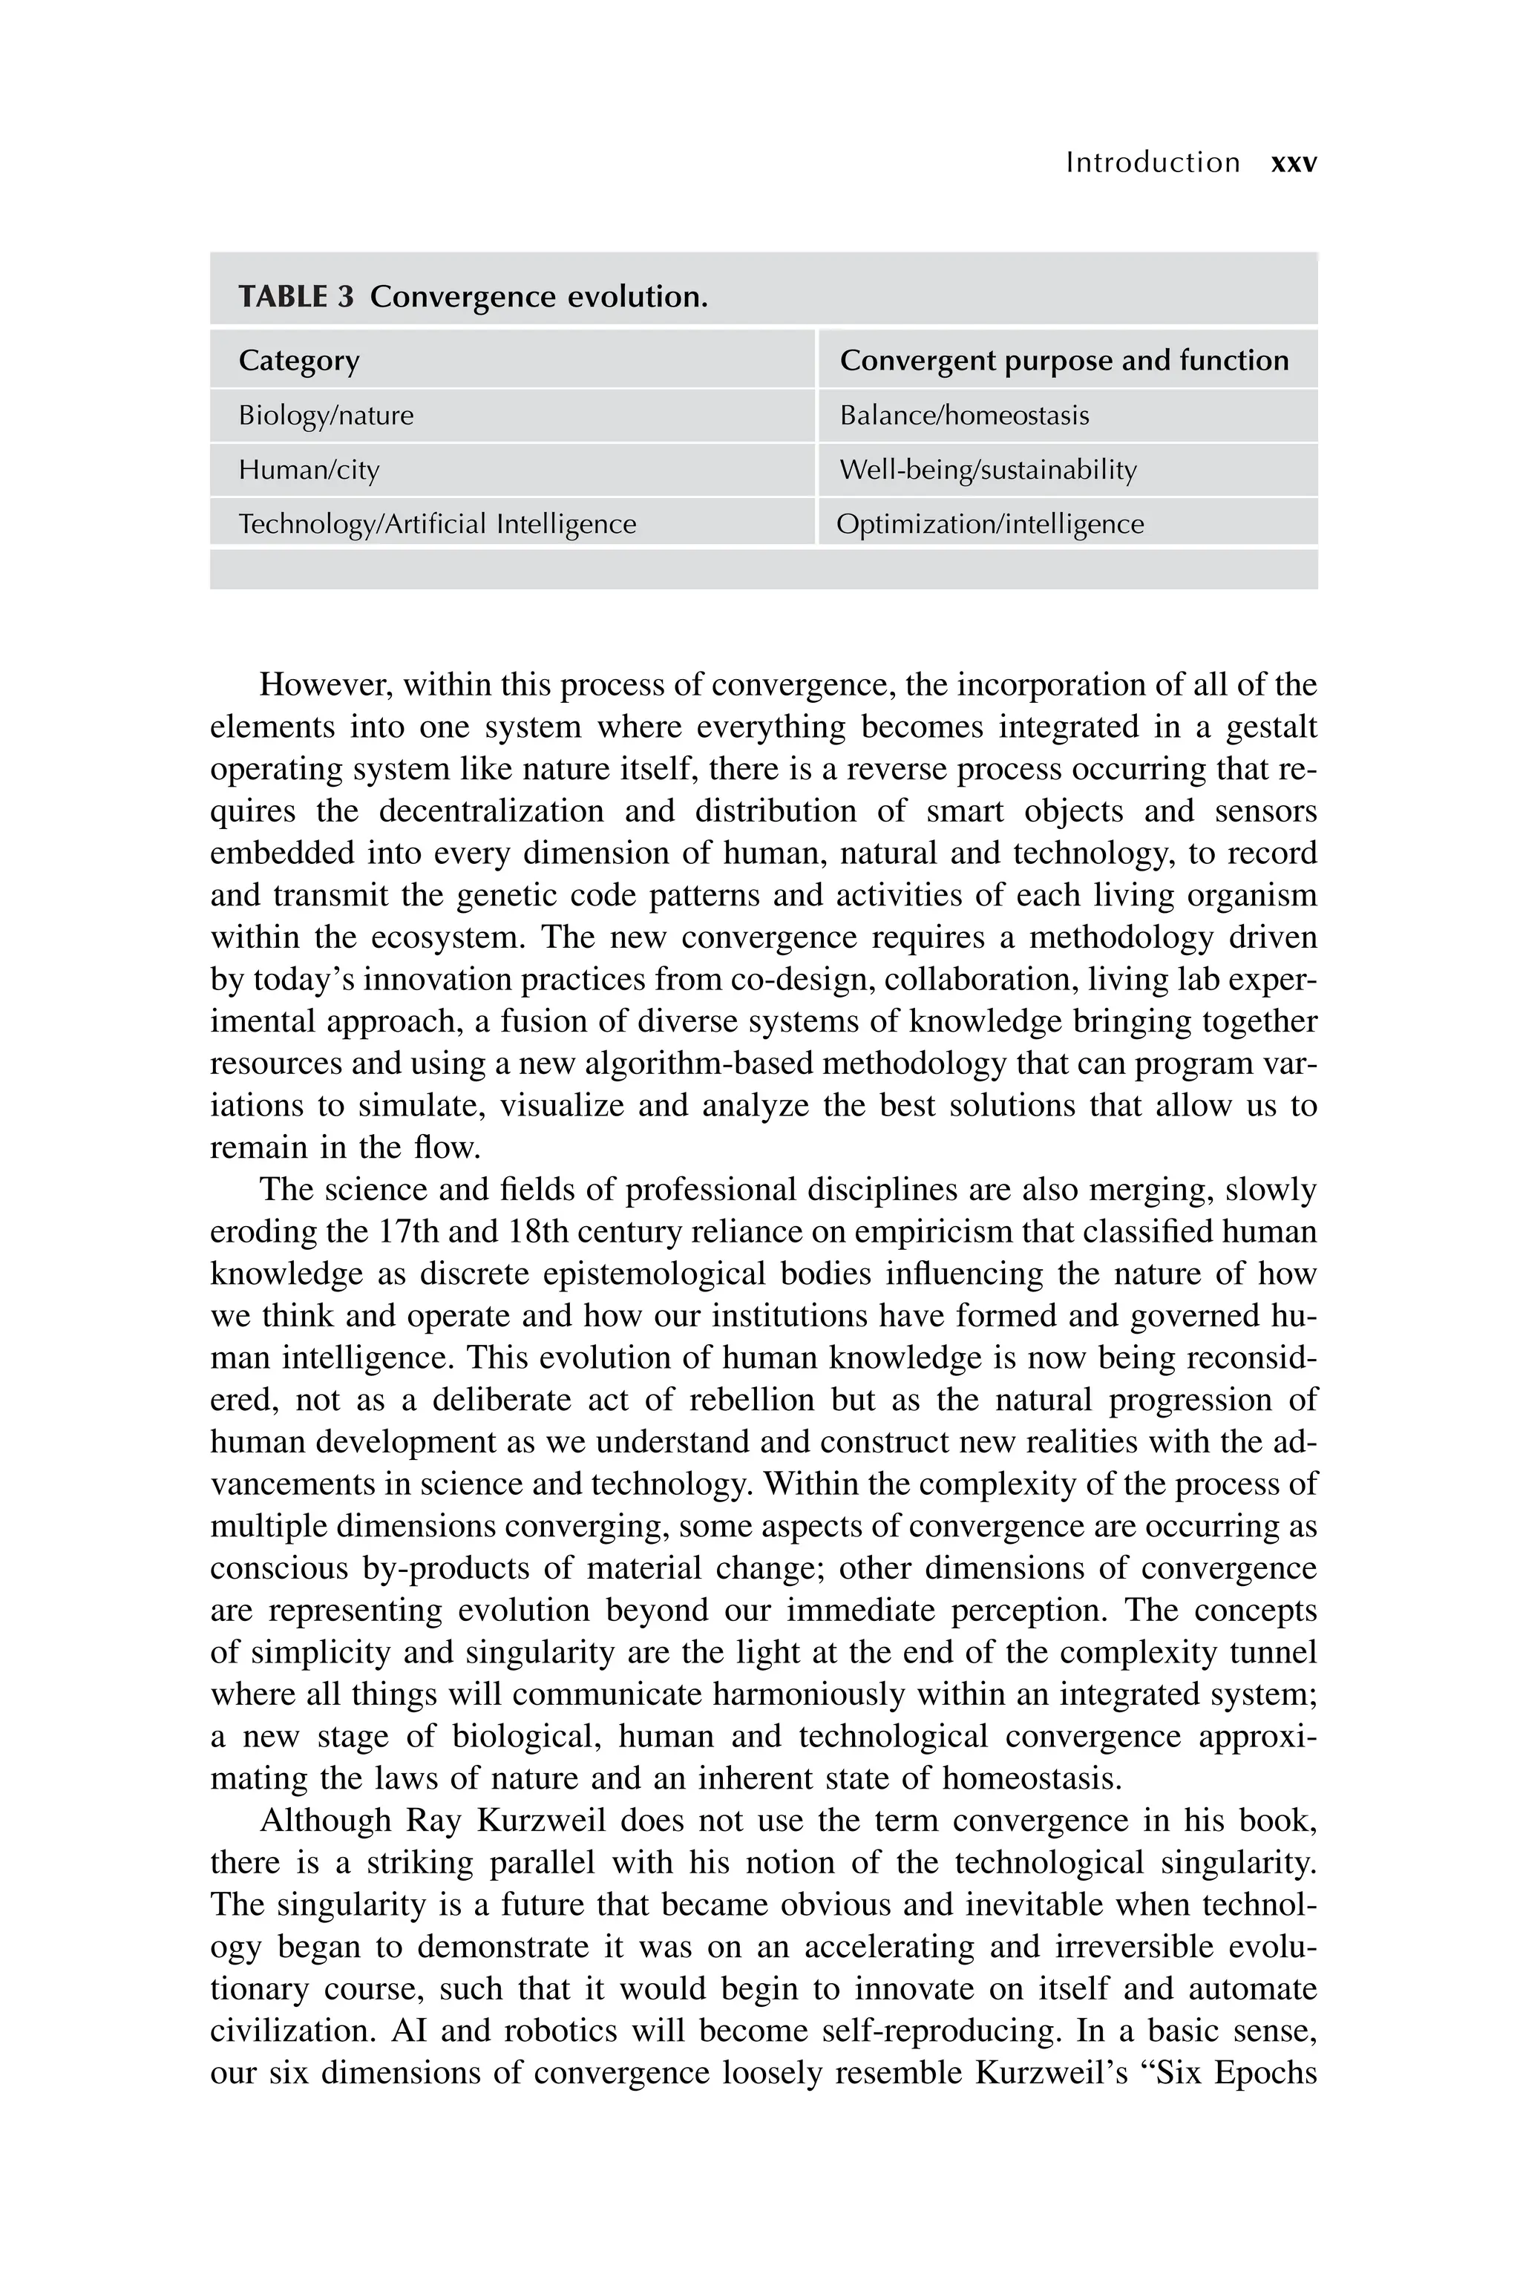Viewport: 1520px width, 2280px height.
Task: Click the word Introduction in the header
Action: click(1152, 163)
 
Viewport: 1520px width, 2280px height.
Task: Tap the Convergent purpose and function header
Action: click(1064, 361)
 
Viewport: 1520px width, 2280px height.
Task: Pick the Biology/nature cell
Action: click(326, 416)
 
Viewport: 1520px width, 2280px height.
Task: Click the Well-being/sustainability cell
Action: click(987, 470)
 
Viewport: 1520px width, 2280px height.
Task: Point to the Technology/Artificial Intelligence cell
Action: click(437, 525)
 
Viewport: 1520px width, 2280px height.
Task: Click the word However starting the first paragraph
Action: click(325, 685)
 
